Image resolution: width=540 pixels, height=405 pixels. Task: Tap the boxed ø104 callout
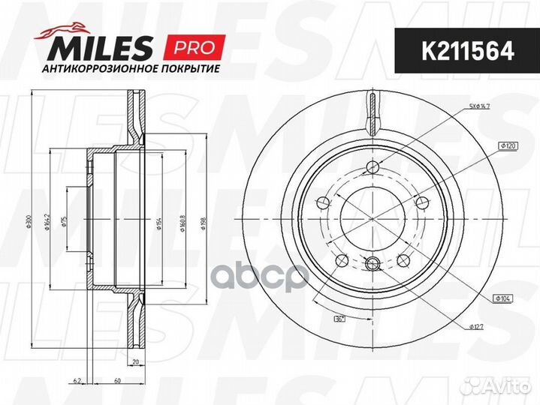(502, 298)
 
